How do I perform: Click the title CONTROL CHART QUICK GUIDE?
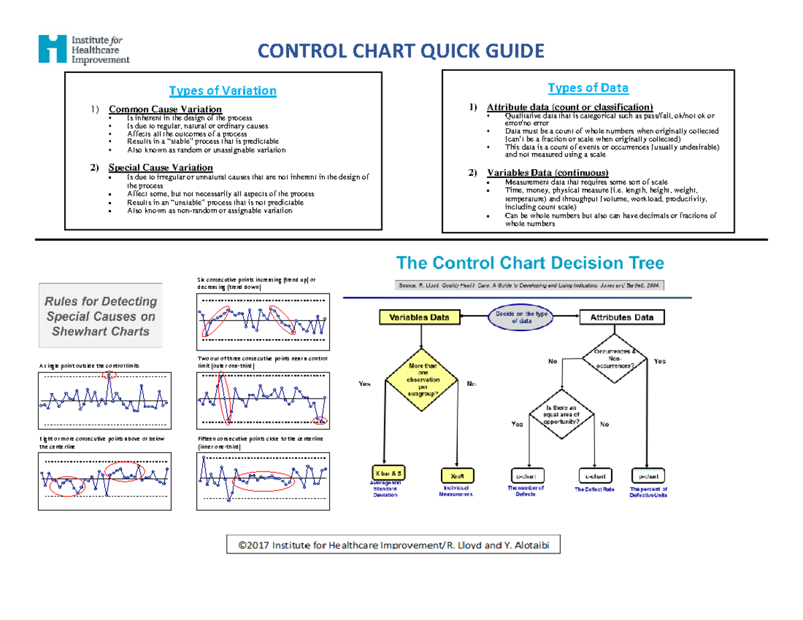coord(401,51)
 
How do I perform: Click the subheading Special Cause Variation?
coord(161,167)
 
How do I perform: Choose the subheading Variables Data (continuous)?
coord(547,173)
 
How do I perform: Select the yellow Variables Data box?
coord(420,318)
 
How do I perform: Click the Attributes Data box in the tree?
coord(621,318)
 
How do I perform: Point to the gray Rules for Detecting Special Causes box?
coord(102,316)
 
